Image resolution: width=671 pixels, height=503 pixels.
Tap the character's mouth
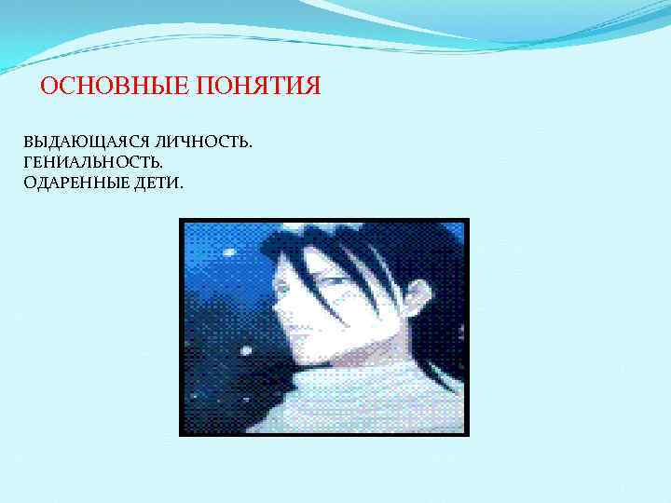point(291,329)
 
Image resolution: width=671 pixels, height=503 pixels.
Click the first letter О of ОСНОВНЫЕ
point(49,87)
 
